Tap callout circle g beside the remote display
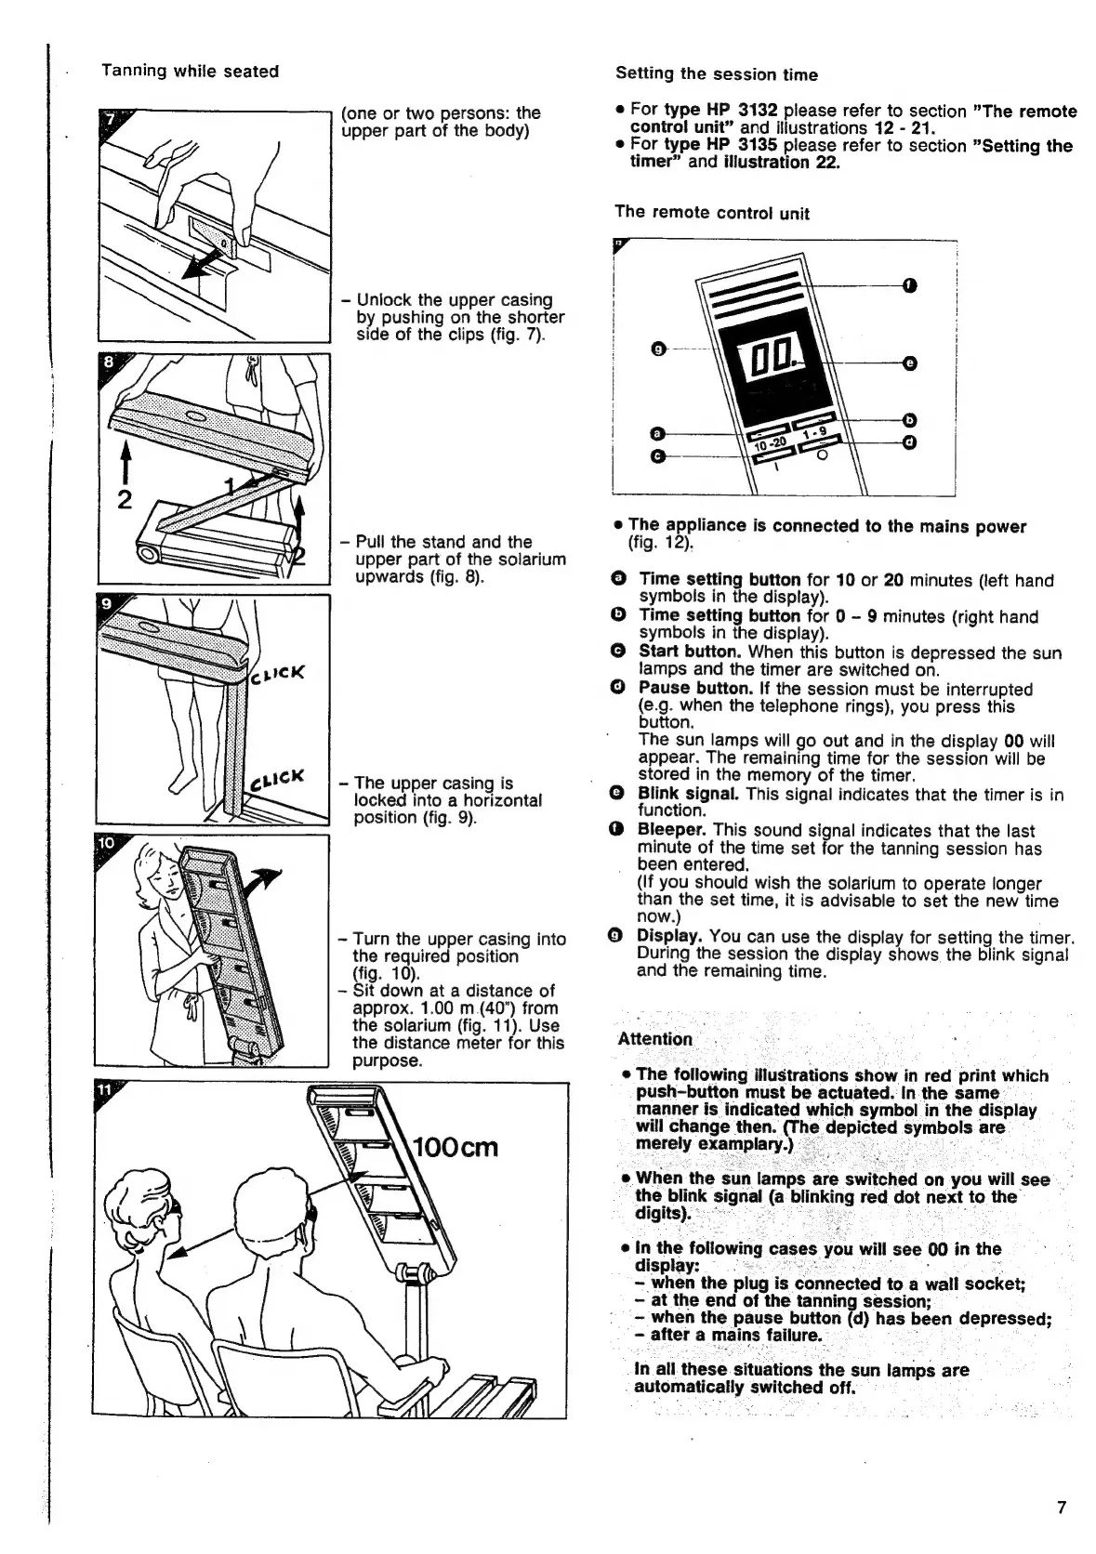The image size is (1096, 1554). click(658, 349)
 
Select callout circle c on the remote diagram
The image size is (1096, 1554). click(658, 456)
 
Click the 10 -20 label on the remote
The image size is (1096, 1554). click(771, 443)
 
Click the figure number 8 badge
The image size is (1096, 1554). click(109, 364)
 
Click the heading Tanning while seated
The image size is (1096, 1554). click(190, 72)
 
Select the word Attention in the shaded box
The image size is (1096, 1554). click(655, 1039)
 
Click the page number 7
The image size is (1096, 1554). click(1061, 1508)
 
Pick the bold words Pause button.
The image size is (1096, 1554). click(694, 689)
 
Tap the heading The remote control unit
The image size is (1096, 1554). click(711, 213)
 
